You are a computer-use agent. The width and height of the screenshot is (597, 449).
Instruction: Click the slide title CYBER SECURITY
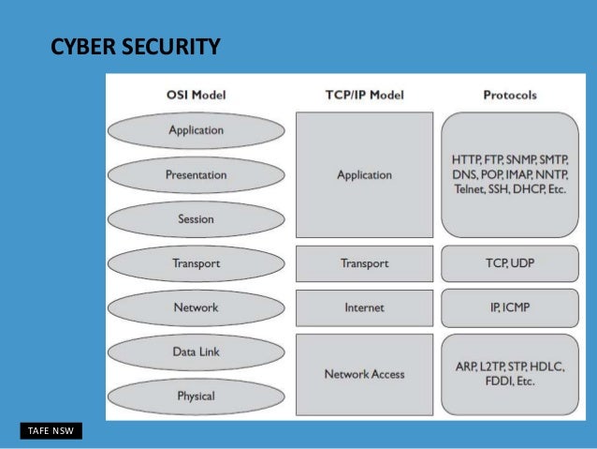click(136, 46)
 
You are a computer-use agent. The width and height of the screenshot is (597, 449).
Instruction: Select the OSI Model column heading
click(196, 95)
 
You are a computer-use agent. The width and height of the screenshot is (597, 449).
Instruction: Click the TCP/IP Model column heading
click(364, 95)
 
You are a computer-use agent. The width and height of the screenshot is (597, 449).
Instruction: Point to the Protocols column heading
click(511, 95)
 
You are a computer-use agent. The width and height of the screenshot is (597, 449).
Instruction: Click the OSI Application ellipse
click(196, 130)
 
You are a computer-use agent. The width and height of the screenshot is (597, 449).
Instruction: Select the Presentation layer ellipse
click(196, 174)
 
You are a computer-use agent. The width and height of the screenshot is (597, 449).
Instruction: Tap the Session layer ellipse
click(196, 219)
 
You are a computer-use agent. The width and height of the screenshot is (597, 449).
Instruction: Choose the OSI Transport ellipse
click(196, 263)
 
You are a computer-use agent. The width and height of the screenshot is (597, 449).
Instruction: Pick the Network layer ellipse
click(196, 307)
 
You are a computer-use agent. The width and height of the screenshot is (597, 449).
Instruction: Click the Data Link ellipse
click(196, 352)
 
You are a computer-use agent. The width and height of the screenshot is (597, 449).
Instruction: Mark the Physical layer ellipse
click(196, 396)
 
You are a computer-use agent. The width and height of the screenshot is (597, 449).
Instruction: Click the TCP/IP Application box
click(364, 174)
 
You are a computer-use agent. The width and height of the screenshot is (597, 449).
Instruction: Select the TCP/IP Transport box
click(364, 263)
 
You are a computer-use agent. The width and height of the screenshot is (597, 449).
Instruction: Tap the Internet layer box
click(364, 307)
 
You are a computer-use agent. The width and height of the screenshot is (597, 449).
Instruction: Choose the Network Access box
click(364, 374)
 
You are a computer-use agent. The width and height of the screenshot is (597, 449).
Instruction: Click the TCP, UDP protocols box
click(510, 263)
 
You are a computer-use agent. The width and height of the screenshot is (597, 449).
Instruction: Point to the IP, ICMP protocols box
click(510, 307)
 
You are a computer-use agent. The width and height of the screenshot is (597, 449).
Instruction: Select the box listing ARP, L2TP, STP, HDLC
click(510, 374)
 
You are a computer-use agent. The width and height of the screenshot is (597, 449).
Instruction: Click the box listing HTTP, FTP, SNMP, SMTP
click(510, 174)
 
